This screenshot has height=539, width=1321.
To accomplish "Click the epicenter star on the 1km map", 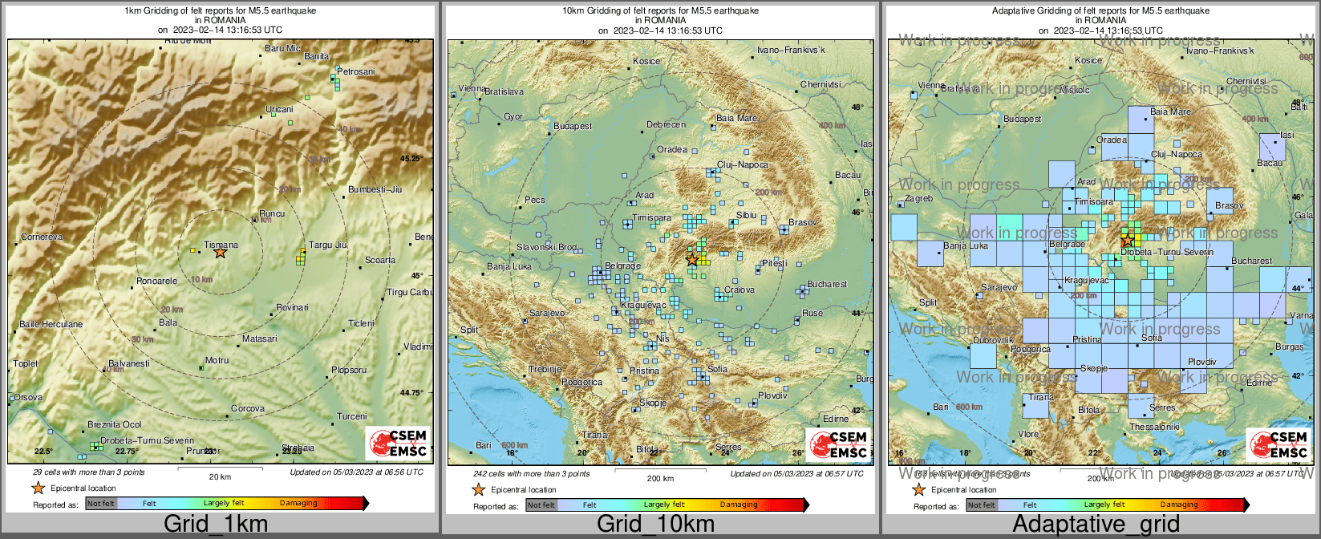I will tap(221, 252).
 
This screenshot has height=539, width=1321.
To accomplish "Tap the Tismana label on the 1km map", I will tap(221, 245).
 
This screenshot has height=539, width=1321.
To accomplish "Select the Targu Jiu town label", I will tap(327, 245).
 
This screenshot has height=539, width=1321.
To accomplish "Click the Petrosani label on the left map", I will tap(355, 71).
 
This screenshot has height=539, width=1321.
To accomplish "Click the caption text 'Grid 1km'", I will tap(216, 525).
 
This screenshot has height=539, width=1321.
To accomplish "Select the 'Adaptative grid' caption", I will tap(1096, 525).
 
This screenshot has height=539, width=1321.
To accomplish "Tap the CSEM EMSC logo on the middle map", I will tap(837, 444).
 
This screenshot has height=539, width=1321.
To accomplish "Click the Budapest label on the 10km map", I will tap(573, 126).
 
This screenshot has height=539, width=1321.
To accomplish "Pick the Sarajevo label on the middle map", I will tap(547, 313).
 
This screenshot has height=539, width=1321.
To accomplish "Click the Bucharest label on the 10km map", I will tap(827, 284).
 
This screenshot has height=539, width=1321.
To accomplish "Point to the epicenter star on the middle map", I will tap(692, 260).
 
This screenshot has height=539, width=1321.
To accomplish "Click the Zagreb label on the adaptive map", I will tap(918, 198).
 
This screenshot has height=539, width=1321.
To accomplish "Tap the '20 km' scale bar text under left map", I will tap(220, 477).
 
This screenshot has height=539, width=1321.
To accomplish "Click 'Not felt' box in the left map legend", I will tap(101, 504).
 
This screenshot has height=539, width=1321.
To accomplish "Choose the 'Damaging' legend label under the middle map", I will tap(739, 505).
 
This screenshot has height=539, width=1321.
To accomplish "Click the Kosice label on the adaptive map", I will tap(1088, 60).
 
